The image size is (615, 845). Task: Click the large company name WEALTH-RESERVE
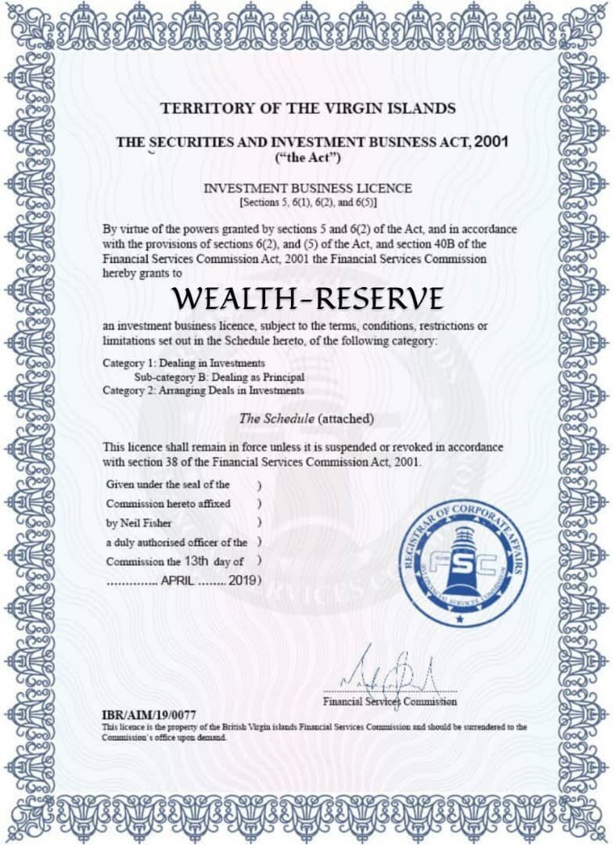[x=308, y=298]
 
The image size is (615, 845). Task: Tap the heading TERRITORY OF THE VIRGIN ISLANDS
[x=307, y=109]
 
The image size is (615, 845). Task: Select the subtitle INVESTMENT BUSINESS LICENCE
[x=307, y=189]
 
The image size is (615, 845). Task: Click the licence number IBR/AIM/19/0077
[x=149, y=715]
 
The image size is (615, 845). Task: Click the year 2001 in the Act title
[x=491, y=142]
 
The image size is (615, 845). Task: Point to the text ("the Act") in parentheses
[x=307, y=158]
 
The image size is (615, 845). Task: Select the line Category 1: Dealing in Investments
[x=184, y=363]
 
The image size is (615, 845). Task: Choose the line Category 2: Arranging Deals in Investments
[x=203, y=390]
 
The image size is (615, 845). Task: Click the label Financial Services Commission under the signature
[x=390, y=702]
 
